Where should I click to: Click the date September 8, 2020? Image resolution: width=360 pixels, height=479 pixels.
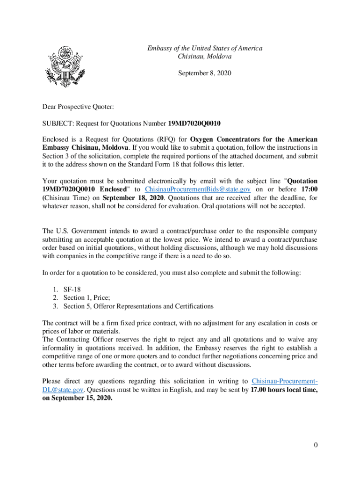pos(205,73)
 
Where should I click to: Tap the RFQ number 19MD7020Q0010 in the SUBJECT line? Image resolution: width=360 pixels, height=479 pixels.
pos(194,123)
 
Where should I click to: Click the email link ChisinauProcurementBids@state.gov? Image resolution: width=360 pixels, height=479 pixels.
pos(198,189)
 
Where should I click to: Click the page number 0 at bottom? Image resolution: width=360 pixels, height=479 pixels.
pos(316,445)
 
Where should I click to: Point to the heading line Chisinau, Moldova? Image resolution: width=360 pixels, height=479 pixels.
pos(205,57)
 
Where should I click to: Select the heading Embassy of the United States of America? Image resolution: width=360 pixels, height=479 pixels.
pos(205,48)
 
